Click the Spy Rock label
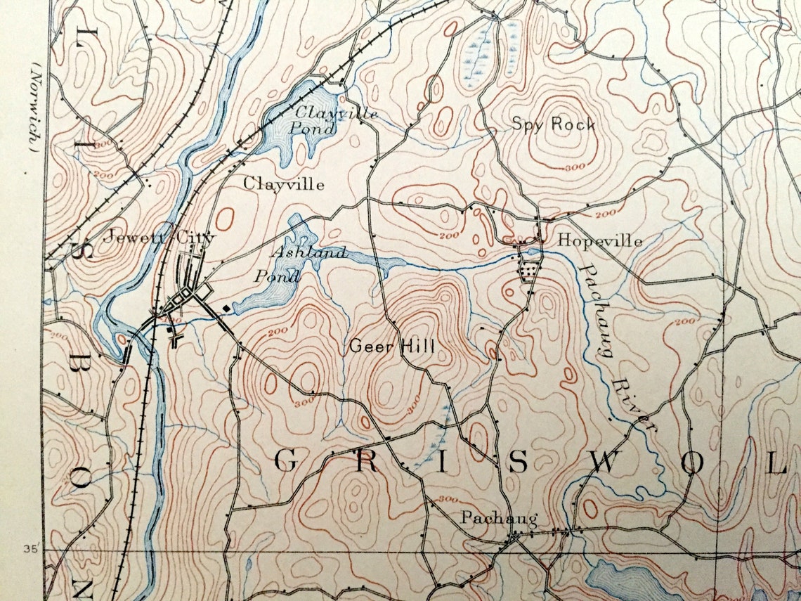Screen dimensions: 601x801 click(553, 124)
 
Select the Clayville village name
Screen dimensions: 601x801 click(284, 184)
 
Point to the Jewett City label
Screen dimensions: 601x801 click(157, 238)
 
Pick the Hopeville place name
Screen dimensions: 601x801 click(599, 240)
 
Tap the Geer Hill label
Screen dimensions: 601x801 click(391, 346)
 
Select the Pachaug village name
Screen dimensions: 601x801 click(499, 519)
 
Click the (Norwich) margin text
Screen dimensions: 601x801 click(33, 105)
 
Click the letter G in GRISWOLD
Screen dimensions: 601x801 click(285, 462)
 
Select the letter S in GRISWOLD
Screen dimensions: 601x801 click(518, 462)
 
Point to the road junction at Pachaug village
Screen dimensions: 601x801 click(514, 538)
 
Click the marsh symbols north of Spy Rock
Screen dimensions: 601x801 click(479, 53)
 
